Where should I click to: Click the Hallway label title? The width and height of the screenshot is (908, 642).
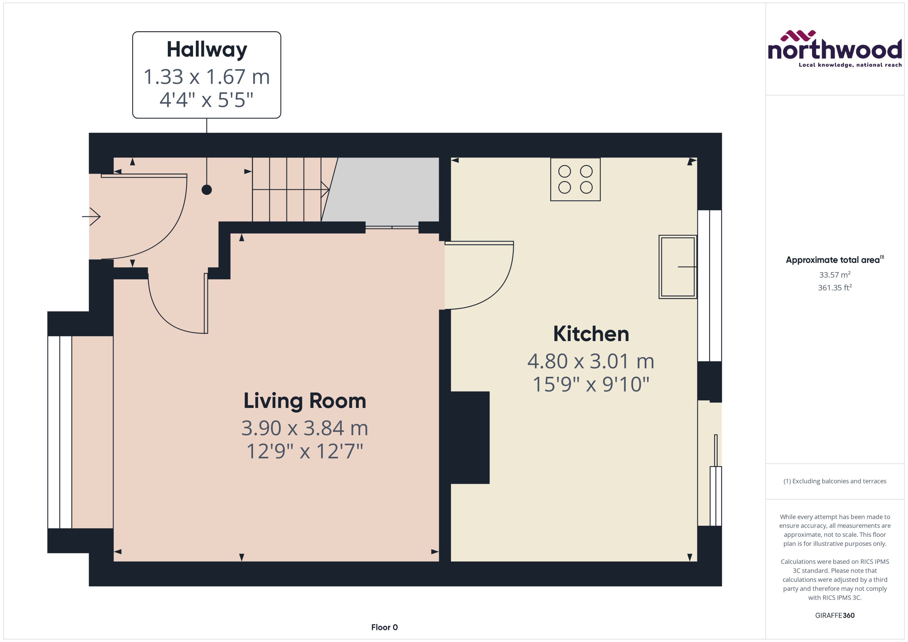coord(207,50)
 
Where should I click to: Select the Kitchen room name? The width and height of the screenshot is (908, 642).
coord(591,334)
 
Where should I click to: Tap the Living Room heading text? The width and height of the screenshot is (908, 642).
coord(304,401)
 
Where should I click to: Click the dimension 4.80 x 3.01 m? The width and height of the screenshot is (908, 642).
coord(591,361)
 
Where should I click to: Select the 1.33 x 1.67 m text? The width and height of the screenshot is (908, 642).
coord(207,77)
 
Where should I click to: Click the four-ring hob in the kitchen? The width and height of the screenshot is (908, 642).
coord(575,179)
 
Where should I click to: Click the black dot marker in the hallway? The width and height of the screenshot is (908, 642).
coord(207,190)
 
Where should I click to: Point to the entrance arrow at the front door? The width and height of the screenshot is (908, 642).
coord(92,217)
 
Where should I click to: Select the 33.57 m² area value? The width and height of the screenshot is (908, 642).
coord(834,275)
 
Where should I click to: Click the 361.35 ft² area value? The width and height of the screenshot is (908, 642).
coord(834,288)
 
